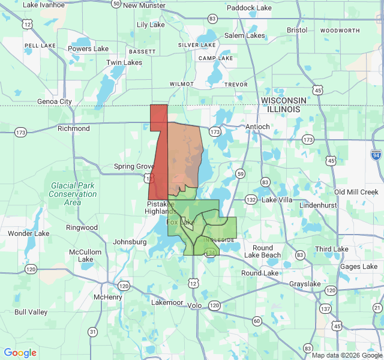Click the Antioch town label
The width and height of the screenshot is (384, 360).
point(258,127)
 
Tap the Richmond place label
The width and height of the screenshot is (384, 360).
point(74,128)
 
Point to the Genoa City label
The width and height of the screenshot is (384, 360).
point(54,101)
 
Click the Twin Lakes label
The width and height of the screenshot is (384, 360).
point(124,62)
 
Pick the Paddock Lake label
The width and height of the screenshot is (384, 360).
point(249,8)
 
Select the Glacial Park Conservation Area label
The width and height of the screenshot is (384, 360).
point(73,194)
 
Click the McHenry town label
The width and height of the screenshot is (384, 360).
point(108,297)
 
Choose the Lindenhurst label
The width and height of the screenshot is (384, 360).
point(320,205)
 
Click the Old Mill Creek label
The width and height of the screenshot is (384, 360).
point(356,192)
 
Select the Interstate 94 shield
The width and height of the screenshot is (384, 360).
point(376,155)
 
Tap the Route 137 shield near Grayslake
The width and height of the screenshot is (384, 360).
point(326,308)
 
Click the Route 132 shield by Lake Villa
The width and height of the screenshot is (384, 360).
point(251,199)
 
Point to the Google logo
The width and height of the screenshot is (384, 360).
point(20,353)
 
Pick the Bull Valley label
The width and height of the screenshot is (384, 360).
point(31,312)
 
